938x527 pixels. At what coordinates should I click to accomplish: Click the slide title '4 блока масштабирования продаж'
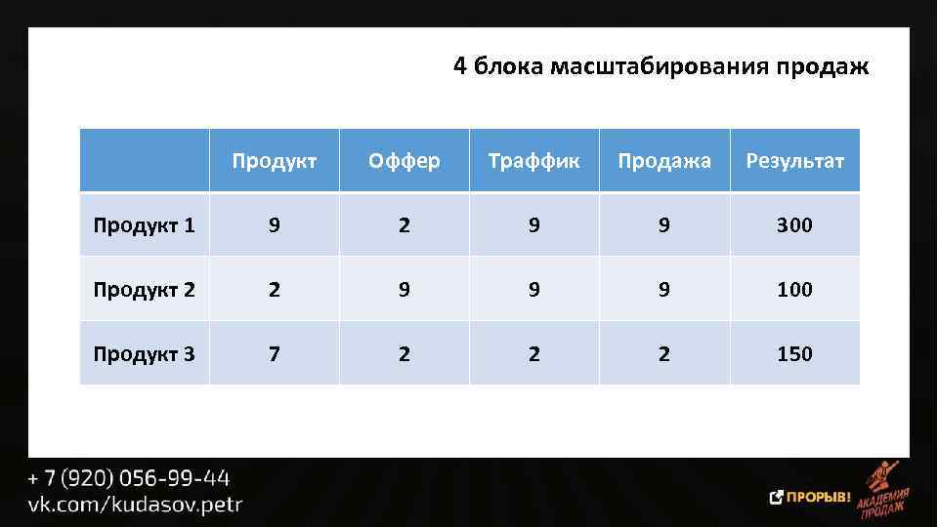point(661,66)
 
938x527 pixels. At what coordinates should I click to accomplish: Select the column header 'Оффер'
point(404,160)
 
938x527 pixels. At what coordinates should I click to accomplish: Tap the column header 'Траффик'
point(533,160)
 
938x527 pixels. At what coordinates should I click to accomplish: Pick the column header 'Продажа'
point(664,160)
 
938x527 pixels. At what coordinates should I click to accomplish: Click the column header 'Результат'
point(794,160)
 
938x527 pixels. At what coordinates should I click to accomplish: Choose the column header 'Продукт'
point(274,160)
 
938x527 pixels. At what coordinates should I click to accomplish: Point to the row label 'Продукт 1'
point(144,225)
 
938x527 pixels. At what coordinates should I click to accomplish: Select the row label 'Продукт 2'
point(144,290)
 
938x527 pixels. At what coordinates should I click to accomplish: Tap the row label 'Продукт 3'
point(144,353)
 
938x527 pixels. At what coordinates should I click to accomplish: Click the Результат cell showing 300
point(794,225)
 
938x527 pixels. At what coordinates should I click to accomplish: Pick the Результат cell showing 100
point(794,290)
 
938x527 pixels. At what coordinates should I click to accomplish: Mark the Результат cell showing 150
point(794,353)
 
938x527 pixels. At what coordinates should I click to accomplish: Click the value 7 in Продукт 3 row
point(275,353)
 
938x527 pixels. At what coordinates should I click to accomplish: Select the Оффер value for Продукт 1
point(405,225)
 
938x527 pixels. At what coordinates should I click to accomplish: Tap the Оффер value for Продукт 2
point(405,290)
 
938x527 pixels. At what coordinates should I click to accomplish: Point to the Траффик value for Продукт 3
point(534,353)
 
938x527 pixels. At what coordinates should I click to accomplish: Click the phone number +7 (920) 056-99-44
point(128,479)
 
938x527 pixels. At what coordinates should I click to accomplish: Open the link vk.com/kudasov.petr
point(134,505)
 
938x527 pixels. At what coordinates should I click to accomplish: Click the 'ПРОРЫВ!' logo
point(811,497)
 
